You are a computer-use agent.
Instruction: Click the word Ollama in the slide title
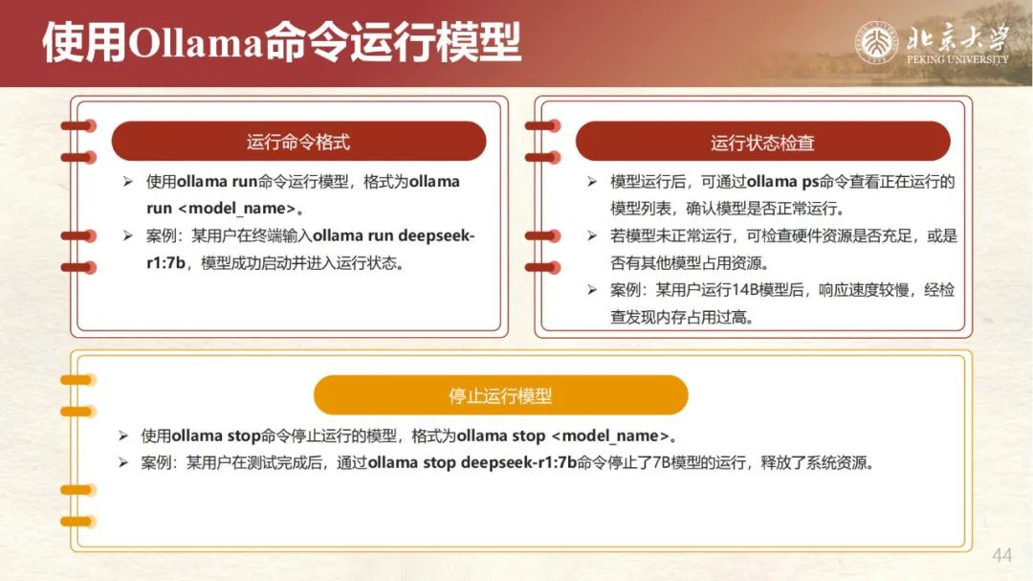coord(196,43)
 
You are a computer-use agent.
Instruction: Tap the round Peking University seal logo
coord(876,43)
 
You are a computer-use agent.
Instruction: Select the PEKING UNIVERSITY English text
coord(957,59)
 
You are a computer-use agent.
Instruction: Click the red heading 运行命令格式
coord(298,142)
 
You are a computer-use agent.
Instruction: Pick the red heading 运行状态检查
coord(762,143)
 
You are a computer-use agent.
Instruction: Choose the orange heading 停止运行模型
coord(500,395)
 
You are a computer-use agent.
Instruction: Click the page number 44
coord(1001,555)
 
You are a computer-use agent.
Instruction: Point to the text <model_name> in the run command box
coord(236,209)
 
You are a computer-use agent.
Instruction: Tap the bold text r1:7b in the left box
coord(165,263)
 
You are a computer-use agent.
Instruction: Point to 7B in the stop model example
coord(661,463)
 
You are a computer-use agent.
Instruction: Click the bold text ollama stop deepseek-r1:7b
coord(473,463)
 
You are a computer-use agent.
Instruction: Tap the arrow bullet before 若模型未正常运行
coord(592,235)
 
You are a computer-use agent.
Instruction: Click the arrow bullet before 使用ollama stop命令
coord(123,436)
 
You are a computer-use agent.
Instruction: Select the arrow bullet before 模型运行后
coord(592,181)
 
